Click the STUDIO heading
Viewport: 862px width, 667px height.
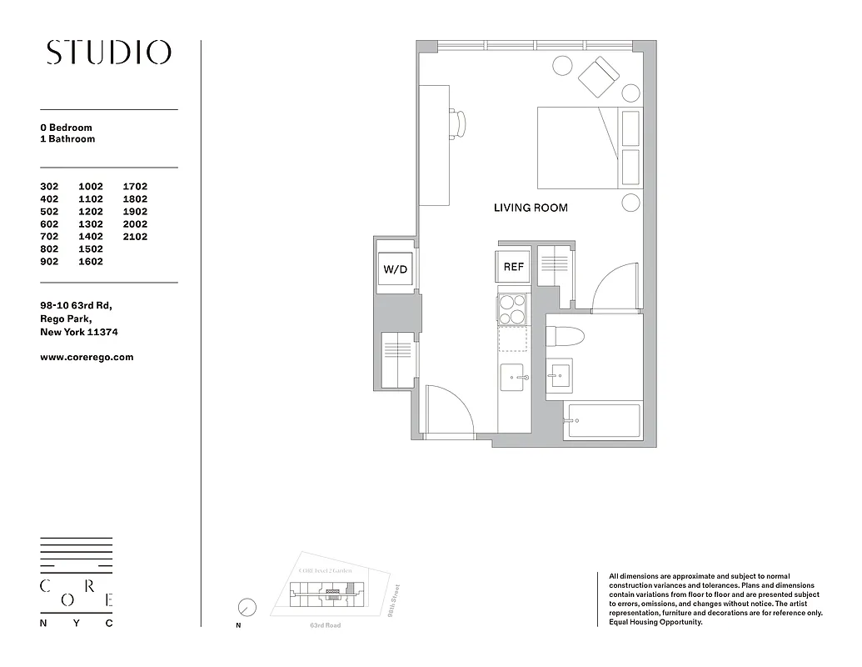pos(108,53)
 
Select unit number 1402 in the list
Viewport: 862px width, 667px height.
pos(91,237)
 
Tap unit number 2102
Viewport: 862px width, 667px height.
pos(135,237)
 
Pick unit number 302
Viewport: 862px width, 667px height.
pos(49,187)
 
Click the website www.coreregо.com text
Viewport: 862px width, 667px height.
pos(87,357)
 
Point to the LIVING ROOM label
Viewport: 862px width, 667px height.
pos(531,208)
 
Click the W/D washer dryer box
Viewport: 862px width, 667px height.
pos(396,270)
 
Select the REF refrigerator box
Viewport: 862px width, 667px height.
pos(514,267)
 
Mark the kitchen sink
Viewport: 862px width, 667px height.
pos(513,377)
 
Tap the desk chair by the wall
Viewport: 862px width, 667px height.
pos(459,123)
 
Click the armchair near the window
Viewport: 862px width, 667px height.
pos(599,78)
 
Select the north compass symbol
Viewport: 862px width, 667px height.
pos(247,607)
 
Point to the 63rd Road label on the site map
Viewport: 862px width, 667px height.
pos(325,625)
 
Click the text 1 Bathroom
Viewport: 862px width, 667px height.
pos(67,139)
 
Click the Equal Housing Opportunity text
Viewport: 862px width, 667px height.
pos(650,622)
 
